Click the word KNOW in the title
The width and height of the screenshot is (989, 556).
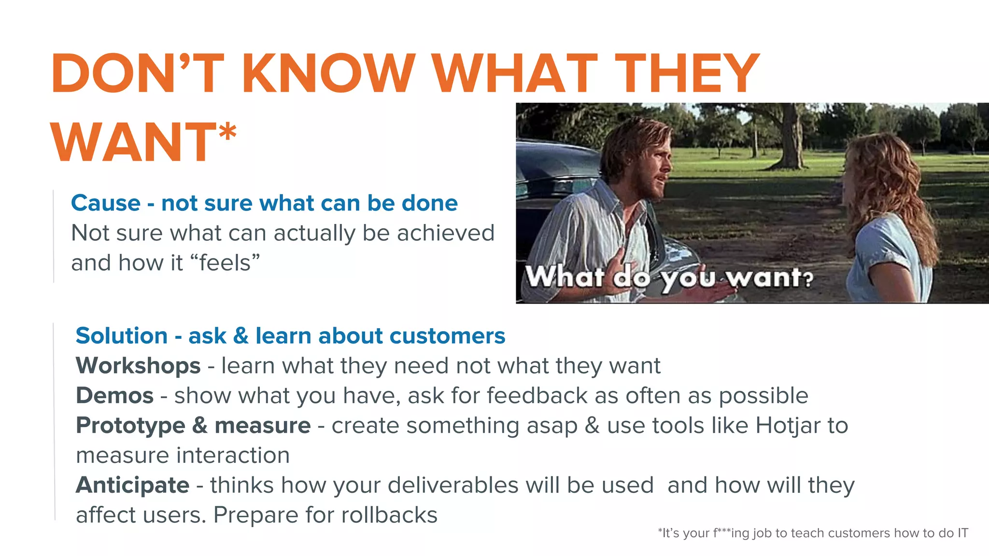328,73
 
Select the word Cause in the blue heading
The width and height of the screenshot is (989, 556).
105,203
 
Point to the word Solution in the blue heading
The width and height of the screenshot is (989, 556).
121,336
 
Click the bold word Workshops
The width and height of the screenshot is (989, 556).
138,366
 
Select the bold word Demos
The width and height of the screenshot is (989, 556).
115,396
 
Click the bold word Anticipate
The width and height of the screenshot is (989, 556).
132,485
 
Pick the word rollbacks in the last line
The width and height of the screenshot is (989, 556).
389,515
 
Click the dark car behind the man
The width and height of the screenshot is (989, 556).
555,174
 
